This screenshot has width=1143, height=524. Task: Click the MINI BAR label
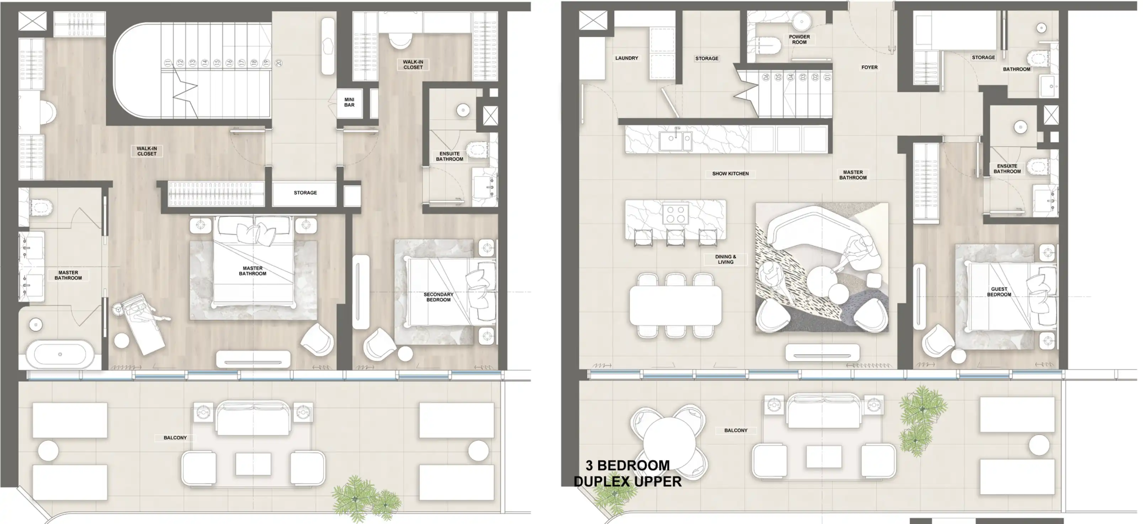[x=349, y=102]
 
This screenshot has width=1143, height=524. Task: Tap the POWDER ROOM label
[x=799, y=39]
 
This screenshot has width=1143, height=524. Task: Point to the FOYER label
[x=869, y=68]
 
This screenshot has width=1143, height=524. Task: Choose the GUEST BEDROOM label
[x=999, y=291]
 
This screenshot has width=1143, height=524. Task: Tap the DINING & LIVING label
[x=725, y=259]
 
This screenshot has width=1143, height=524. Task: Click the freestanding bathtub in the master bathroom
[x=60, y=354]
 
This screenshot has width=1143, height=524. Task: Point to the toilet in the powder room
[x=769, y=45]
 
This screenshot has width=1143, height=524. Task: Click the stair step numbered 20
[x=279, y=63]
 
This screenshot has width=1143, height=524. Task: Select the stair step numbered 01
[x=826, y=77]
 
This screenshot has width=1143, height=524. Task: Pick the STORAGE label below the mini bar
[x=305, y=192]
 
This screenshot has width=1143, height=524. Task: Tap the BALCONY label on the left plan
[x=175, y=438]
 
